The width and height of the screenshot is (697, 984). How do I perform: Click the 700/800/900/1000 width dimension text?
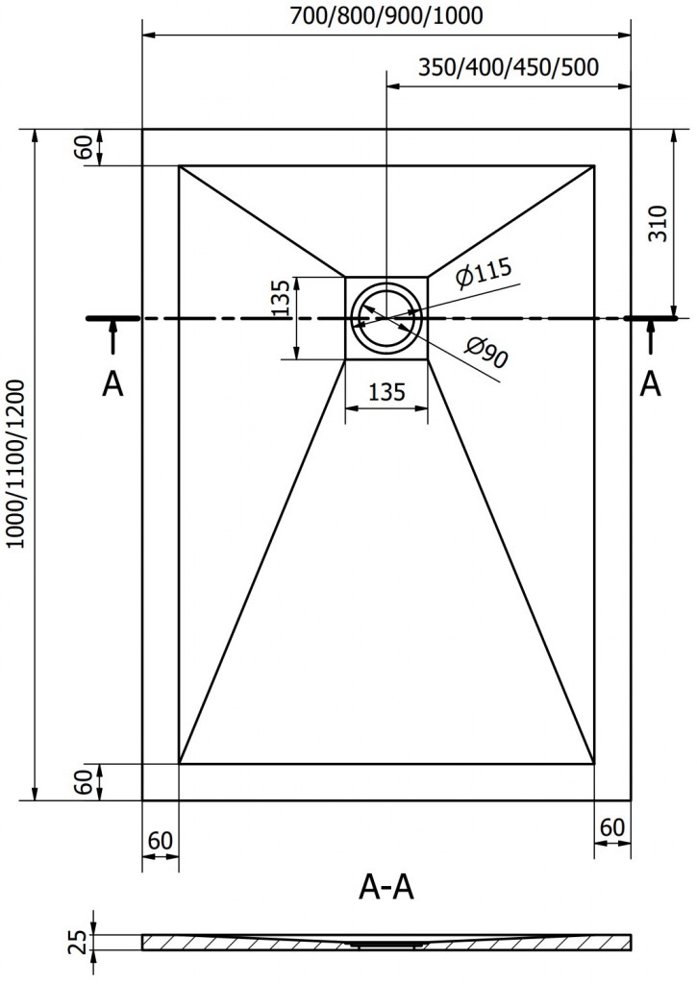coord(386,15)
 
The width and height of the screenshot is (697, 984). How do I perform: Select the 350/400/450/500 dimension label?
coord(509,67)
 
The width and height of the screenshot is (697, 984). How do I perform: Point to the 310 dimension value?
coord(658,225)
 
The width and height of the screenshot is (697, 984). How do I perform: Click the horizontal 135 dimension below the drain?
coord(386,392)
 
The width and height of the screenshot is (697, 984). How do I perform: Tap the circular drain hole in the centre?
coord(386,318)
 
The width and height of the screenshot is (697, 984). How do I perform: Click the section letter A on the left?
coord(112,383)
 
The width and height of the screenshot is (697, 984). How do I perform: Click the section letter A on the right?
coord(651,383)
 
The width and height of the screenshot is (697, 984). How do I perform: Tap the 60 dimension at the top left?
coord(85,148)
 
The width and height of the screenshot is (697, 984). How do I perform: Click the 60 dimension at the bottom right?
coord(612,826)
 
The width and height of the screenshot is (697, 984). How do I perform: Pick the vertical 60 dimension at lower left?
coord(85,782)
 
